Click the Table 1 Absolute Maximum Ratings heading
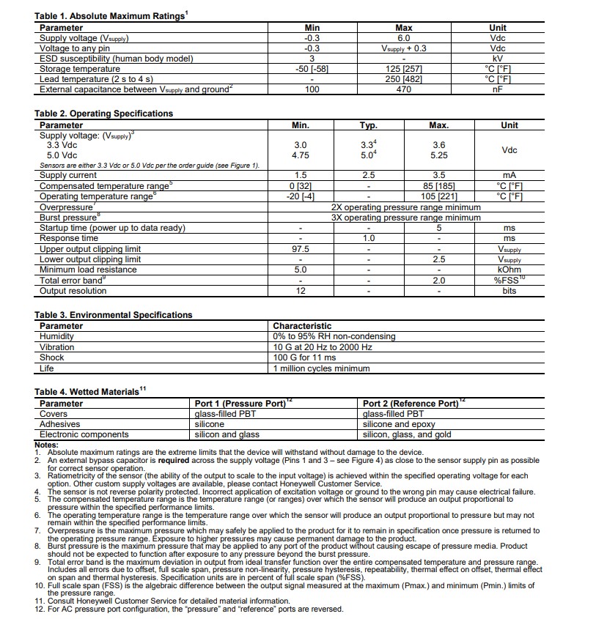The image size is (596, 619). click(110, 16)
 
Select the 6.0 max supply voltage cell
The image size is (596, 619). click(403, 38)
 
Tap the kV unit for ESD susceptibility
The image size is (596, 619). click(497, 59)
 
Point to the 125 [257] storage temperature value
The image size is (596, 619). click(403, 69)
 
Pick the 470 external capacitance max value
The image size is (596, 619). click(403, 89)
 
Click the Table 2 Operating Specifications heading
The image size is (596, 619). click(103, 114)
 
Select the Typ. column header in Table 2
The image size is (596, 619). click(368, 125)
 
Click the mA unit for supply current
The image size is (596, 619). click(509, 176)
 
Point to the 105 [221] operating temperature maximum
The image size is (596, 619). click(438, 196)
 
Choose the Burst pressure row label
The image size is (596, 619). click(70, 218)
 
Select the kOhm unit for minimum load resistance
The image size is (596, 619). click(509, 270)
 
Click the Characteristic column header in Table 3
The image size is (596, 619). click(302, 326)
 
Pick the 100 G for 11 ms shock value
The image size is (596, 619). click(304, 357)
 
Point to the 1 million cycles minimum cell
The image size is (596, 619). click(321, 368)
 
